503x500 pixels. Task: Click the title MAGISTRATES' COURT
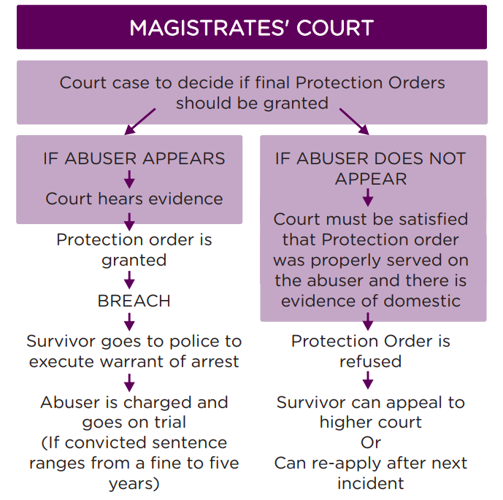point(251,28)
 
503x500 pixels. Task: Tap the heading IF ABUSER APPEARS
point(134,158)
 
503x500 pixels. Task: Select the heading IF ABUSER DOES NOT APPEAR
point(371,169)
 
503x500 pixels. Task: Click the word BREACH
point(134,301)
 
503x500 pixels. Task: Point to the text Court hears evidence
point(134,199)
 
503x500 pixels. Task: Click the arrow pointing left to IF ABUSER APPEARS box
point(140,122)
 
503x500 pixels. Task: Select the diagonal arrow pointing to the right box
point(355,122)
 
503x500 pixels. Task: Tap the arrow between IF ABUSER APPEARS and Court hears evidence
point(129,179)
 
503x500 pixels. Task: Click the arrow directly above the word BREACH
point(129,280)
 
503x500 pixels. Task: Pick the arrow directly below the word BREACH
point(129,322)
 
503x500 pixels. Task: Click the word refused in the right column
point(371,362)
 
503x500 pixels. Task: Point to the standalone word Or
point(371,443)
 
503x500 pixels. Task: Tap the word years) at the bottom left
point(134,484)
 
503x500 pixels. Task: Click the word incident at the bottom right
point(371,483)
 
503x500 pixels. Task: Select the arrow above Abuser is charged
point(129,382)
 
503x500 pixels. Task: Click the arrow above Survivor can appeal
point(368,380)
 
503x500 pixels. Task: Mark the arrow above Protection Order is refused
point(368,321)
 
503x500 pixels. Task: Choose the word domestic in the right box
point(422,301)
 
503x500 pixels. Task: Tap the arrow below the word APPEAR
point(368,197)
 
